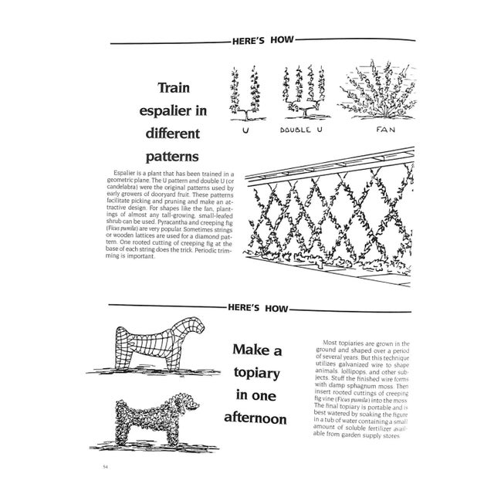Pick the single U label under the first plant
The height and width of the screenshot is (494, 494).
pyautogui.click(x=245, y=130)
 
